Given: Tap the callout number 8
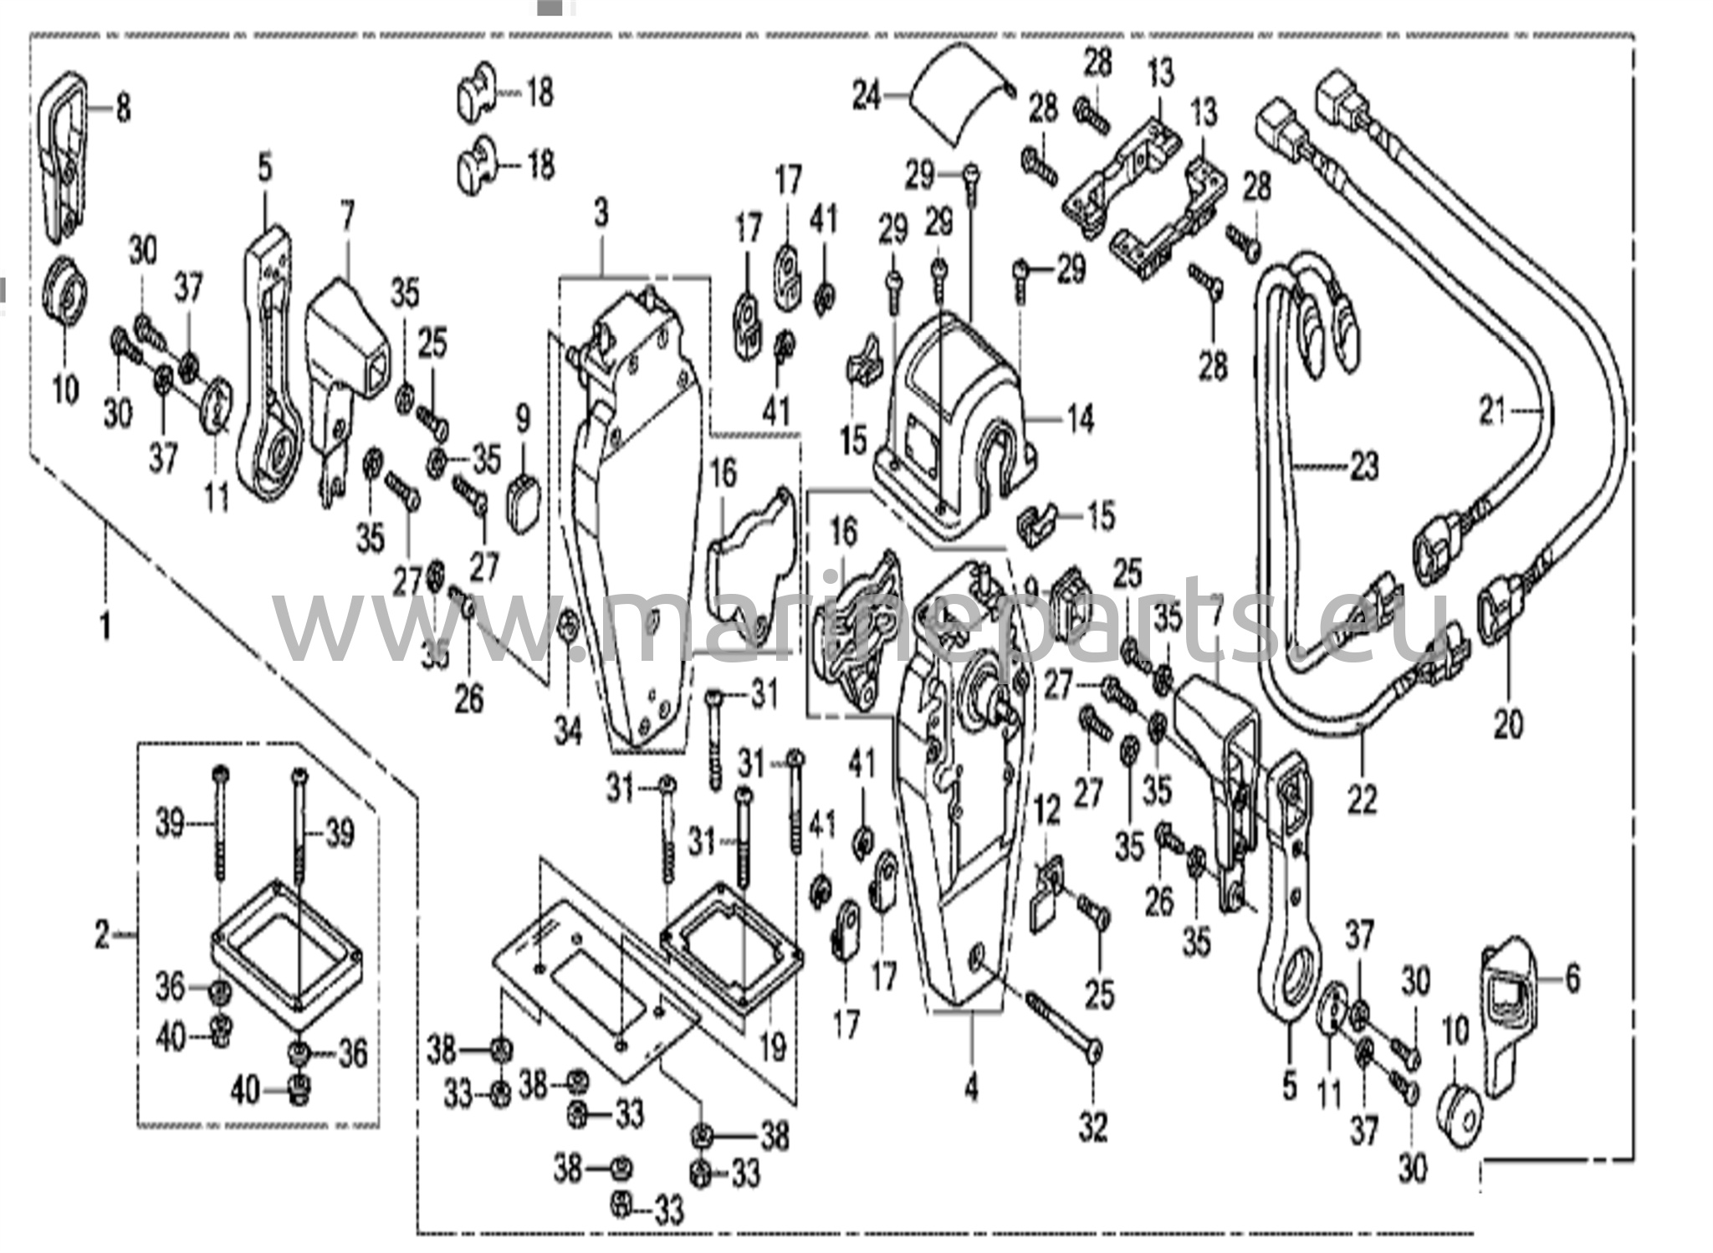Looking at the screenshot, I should (123, 107).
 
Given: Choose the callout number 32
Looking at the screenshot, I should (1092, 1127).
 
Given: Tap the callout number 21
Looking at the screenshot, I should (1493, 411).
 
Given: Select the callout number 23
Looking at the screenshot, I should (1363, 466).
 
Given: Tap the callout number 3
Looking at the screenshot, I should (601, 215).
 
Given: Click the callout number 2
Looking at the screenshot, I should (101, 934).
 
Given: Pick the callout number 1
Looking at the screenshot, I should (105, 626).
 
